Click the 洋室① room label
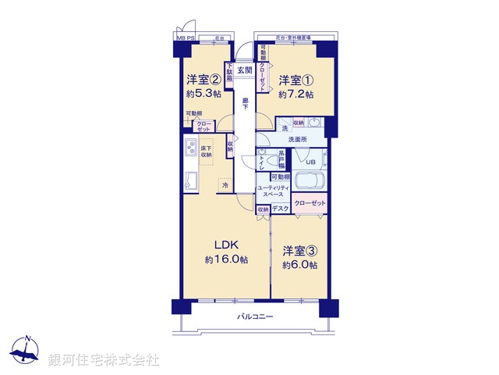point(296,80)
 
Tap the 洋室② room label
point(202,80)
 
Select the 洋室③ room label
point(300,252)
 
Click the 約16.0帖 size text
point(226,259)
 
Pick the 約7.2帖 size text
point(296,95)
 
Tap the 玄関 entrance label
point(245,70)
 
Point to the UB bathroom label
point(310,162)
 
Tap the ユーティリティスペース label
point(274,190)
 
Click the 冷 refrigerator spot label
point(225,185)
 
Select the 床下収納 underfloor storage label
point(206,152)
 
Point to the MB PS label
point(185,37)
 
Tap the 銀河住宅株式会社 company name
point(104,360)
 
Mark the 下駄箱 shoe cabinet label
point(229,72)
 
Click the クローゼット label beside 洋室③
point(311,203)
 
